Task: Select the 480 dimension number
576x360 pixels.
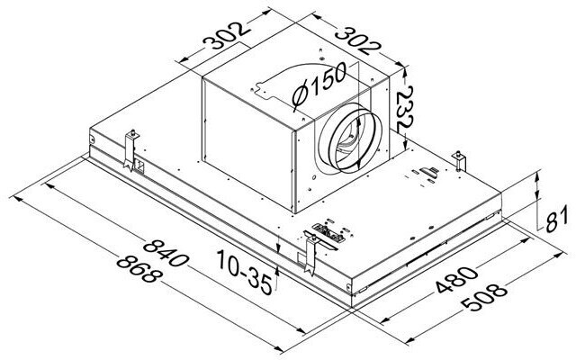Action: [x=452, y=283]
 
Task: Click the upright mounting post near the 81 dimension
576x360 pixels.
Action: [x=462, y=160]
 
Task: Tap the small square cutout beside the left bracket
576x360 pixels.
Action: [x=140, y=166]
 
